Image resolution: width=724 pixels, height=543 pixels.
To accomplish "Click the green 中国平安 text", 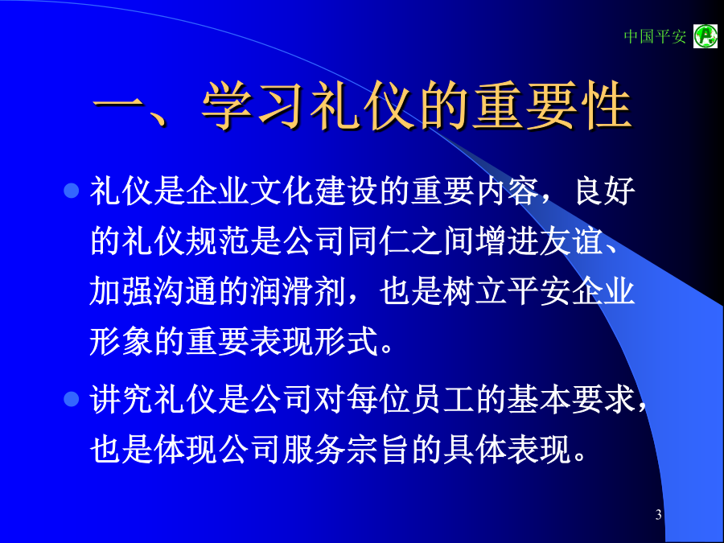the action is [655, 36].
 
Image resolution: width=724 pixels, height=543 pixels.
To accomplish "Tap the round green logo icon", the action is [705, 36].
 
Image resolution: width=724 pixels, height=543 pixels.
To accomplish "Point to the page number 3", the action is [658, 514].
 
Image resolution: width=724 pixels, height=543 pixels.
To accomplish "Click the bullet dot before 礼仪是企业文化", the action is [71, 190].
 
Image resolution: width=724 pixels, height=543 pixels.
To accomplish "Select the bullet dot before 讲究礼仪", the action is [71, 398].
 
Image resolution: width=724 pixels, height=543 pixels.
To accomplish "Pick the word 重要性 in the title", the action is [552, 105].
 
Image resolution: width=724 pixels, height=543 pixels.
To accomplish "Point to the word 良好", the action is [605, 191].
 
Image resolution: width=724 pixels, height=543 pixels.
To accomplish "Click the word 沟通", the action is [171, 292].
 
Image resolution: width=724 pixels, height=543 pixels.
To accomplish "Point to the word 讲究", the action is [121, 399].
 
